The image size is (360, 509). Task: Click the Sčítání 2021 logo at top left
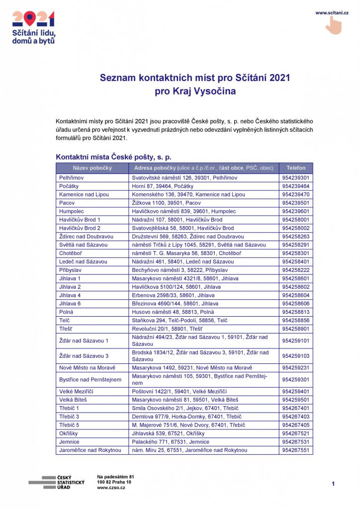click(x=33, y=27)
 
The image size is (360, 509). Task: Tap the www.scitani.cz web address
click(x=332, y=12)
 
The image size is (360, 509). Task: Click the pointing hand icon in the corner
click(x=334, y=25)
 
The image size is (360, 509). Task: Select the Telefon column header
click(x=296, y=168)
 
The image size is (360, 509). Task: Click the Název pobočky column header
click(x=92, y=168)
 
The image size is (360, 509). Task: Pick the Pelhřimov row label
click(x=70, y=177)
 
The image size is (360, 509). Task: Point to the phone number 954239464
click(x=296, y=186)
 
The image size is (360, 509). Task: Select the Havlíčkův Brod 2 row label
click(x=80, y=228)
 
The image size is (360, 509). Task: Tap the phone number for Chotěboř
click(x=296, y=253)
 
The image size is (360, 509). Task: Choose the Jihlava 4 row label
click(x=70, y=295)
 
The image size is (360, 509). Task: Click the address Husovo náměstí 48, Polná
click(x=166, y=312)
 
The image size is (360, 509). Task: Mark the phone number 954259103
click(x=296, y=356)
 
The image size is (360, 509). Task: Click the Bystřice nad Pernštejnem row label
click(x=90, y=380)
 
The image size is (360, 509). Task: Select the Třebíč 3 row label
click(x=69, y=417)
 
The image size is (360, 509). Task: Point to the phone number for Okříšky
click(x=296, y=433)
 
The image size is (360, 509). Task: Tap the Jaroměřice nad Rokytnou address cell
click(x=189, y=450)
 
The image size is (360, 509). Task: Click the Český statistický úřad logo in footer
click(x=56, y=482)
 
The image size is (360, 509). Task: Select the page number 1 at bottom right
click(x=333, y=484)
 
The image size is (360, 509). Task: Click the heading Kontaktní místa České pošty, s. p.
click(x=113, y=157)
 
